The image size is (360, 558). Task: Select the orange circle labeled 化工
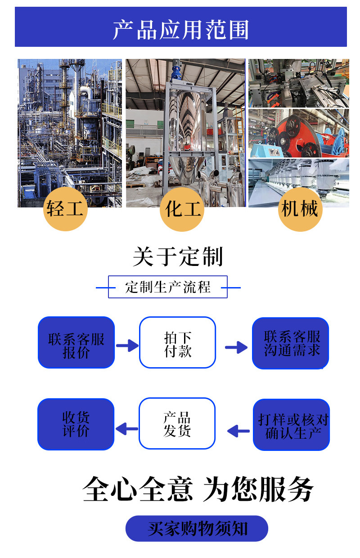(x=182, y=209)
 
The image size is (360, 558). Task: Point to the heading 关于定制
(x=178, y=257)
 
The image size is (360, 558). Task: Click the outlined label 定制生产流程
(x=168, y=287)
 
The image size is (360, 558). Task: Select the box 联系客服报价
(x=76, y=342)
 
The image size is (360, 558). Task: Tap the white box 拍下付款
(x=178, y=342)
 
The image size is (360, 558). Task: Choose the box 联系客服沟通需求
(x=291, y=343)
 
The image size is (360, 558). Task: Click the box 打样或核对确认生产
(x=292, y=425)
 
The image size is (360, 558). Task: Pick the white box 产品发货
(x=177, y=423)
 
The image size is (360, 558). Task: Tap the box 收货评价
(x=76, y=424)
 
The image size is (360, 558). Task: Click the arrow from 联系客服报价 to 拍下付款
(x=127, y=346)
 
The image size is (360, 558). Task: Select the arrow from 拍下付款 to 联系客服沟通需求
(x=236, y=346)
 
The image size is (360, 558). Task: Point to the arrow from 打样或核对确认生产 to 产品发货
(x=238, y=431)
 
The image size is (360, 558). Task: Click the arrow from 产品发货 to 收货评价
(x=127, y=428)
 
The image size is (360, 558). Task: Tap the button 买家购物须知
(x=197, y=528)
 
